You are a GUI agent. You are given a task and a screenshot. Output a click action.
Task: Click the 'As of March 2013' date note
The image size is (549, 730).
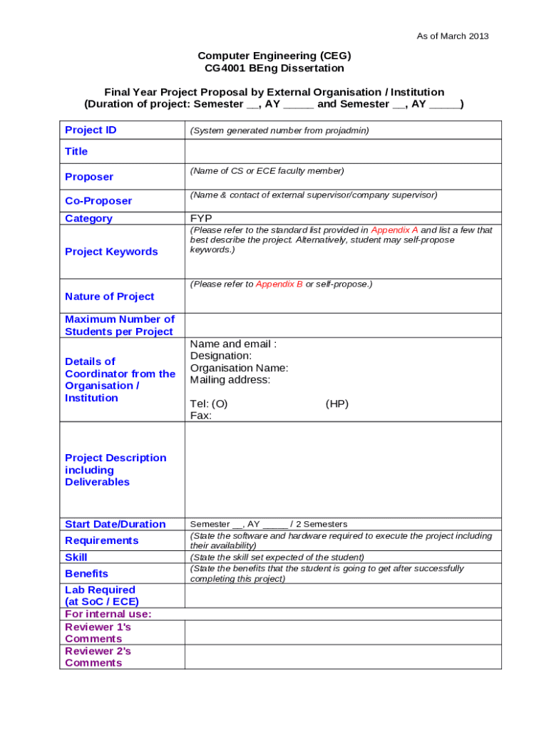point(453,36)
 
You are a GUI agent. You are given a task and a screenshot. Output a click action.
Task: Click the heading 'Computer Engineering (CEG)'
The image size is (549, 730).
point(274,56)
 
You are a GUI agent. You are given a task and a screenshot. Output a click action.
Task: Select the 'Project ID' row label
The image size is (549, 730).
point(91,130)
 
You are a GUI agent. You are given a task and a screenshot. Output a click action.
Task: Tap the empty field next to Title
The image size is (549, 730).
point(342,151)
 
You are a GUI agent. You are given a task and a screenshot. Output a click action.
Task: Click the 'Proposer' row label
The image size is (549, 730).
point(89,177)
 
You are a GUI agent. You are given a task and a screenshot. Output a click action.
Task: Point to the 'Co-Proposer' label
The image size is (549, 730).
point(98,201)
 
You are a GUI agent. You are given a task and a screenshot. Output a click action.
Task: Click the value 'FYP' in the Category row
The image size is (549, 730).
point(201,218)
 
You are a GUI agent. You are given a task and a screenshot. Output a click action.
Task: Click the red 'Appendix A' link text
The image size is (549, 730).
point(394,230)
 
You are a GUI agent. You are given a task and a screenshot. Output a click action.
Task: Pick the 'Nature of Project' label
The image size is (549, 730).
point(109,297)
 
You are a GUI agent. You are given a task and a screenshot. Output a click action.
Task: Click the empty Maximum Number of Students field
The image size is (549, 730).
point(342,325)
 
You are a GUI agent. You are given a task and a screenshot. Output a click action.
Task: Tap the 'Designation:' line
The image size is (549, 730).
point(221,356)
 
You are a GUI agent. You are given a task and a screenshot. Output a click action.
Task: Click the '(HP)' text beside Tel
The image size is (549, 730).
point(337,403)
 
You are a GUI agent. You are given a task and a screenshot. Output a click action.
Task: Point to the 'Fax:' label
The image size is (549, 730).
point(201,416)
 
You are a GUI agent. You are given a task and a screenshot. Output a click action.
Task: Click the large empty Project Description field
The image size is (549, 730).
point(342,470)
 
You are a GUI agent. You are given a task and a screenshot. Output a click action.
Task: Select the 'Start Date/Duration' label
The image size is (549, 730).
point(115,524)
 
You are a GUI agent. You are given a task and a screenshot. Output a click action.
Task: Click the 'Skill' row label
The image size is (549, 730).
point(76,557)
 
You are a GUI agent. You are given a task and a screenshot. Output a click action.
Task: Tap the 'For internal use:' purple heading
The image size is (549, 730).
point(108,614)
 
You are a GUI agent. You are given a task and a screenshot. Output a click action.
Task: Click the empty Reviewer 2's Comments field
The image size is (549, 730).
point(342,657)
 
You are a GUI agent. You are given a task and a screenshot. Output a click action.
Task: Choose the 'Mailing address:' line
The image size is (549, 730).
point(230,380)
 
